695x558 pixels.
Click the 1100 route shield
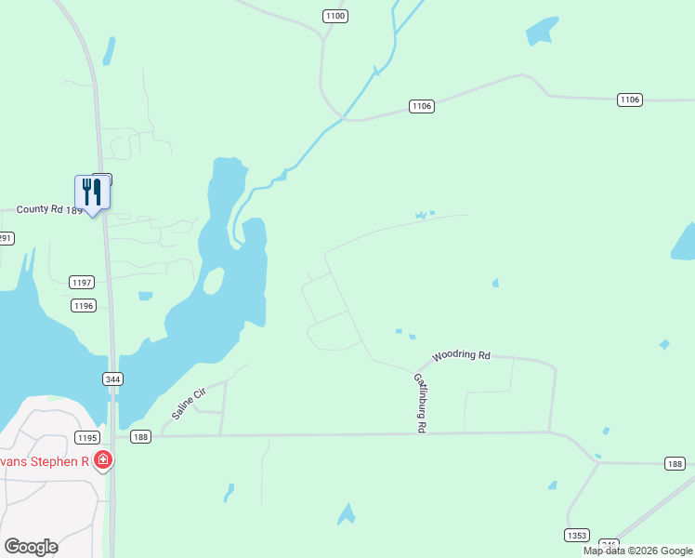pyautogui.click(x=335, y=16)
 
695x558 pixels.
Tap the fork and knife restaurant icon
pyautogui.click(x=92, y=192)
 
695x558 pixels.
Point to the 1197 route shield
pyautogui.click(x=83, y=282)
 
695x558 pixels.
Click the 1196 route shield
pyautogui.click(x=84, y=305)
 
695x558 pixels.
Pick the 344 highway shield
pyautogui.click(x=113, y=379)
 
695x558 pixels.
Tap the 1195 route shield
pyautogui.click(x=87, y=437)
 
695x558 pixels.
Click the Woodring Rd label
pyautogui.click(x=462, y=355)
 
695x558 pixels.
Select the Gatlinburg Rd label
pyautogui.click(x=419, y=402)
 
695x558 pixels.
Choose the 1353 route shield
pyautogui.click(x=576, y=535)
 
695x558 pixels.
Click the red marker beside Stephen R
pyautogui.click(x=103, y=459)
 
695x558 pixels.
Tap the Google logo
pyautogui.click(x=31, y=547)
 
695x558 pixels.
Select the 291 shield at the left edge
pyautogui.click(x=6, y=238)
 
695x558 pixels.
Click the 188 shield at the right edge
pyautogui.click(x=675, y=463)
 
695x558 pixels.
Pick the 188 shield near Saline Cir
pyautogui.click(x=141, y=437)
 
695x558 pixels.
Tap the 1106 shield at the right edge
pyautogui.click(x=630, y=100)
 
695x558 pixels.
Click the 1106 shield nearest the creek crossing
pyautogui.click(x=422, y=107)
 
